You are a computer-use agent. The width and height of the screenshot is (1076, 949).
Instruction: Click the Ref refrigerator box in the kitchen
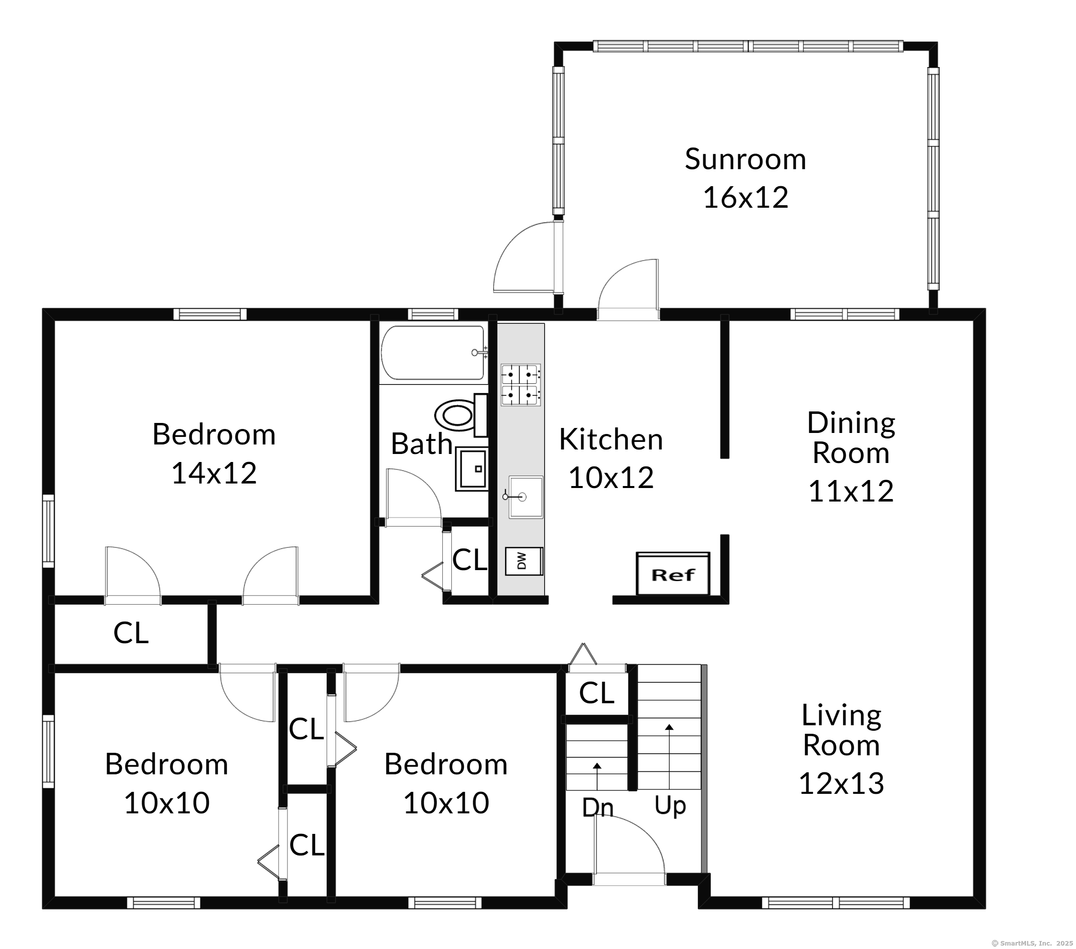point(673,574)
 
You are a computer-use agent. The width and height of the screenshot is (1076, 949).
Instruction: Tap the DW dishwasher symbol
point(524,561)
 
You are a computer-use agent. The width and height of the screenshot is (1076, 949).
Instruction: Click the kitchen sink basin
point(525,497)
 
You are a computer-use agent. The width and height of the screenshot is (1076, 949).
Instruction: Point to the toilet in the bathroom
point(461,414)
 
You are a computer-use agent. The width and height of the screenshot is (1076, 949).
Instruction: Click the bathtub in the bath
point(433,352)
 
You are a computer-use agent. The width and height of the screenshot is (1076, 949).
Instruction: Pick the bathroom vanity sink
point(472,469)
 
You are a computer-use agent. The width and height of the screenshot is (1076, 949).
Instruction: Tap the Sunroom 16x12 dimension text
point(745,198)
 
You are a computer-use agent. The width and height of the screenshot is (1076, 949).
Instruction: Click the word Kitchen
point(611,439)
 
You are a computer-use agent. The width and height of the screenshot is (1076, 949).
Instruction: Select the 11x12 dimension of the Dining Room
point(851,492)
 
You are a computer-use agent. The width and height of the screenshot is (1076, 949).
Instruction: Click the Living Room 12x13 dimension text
point(841,783)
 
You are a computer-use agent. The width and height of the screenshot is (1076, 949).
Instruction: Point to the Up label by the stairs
point(670,806)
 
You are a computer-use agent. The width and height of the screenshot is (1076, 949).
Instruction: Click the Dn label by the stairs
point(598,807)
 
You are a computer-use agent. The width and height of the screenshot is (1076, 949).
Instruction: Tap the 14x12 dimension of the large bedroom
point(214,473)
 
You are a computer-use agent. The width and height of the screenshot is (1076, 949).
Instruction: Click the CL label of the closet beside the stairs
point(597,693)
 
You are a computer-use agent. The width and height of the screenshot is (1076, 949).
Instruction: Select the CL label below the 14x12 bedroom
point(131,633)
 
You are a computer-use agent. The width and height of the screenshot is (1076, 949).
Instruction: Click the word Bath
point(422,443)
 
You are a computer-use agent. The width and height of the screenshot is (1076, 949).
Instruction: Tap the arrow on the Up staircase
point(669,757)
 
